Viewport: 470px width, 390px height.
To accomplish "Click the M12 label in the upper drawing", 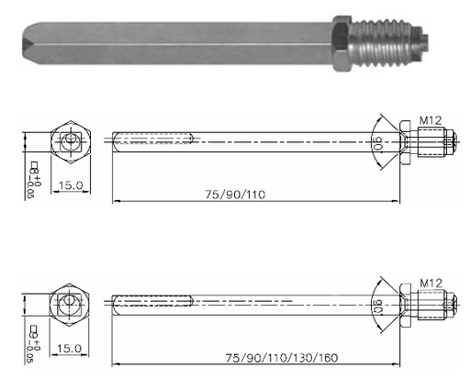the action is (431, 120).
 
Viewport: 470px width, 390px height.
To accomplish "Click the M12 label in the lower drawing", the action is (431, 284).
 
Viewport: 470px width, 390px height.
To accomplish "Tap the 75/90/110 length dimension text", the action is (235, 195).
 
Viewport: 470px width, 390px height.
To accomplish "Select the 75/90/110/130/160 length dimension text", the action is (282, 358).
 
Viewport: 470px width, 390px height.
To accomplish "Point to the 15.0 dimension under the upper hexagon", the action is (71, 185).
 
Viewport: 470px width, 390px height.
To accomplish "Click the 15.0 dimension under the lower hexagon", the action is (70, 349).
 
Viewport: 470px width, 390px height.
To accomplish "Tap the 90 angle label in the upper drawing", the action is (379, 143).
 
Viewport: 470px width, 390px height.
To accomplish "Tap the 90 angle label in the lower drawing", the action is (379, 306).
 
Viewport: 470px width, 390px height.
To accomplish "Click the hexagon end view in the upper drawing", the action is (71, 142).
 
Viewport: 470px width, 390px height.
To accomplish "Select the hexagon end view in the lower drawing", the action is (70, 305).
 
